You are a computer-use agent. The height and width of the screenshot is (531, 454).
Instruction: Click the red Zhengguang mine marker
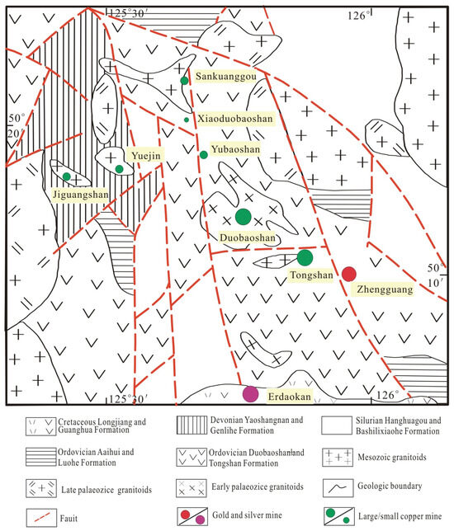coord(348,274)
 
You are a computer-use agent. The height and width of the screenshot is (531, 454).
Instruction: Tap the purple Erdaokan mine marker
coord(251,394)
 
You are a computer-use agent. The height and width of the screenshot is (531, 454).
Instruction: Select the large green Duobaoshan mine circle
coord(244,217)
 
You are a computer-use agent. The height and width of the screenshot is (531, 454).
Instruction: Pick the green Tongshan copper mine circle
coord(305,258)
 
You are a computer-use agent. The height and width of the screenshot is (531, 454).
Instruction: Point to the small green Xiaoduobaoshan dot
coord(187,120)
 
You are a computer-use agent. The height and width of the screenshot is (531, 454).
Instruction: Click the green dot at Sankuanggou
coord(184,81)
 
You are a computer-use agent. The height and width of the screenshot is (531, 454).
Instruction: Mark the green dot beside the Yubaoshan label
coord(203,155)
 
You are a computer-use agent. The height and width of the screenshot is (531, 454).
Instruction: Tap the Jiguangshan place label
coord(81,195)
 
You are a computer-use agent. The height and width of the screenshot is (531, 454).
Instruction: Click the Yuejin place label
coord(146,156)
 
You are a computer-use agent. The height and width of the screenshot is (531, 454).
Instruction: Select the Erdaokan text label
coord(289,397)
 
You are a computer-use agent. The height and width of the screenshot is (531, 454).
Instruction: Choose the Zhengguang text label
coord(385,289)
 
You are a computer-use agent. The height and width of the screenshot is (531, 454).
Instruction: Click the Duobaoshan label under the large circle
coord(248,237)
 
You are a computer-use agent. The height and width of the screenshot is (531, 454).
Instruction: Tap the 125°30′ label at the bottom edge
coord(127,399)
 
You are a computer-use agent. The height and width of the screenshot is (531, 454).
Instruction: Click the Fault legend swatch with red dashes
coord(41,518)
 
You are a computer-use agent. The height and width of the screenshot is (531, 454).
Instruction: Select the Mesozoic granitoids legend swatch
coord(338,457)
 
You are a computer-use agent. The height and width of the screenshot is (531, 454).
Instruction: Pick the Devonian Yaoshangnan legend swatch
coord(192,425)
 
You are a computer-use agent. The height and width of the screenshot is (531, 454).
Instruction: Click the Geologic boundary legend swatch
coord(338,487)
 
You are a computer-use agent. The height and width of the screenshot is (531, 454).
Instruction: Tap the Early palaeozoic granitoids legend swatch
coord(192,488)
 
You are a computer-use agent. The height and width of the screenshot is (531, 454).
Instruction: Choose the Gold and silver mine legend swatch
coord(192,516)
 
